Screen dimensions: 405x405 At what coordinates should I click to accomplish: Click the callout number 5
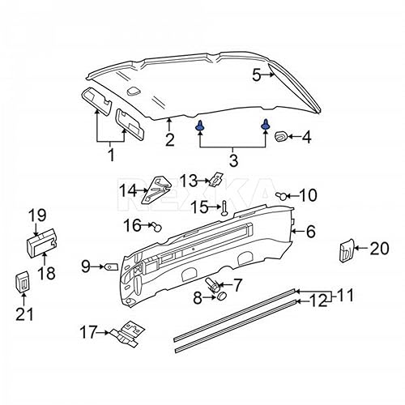tap(256, 75)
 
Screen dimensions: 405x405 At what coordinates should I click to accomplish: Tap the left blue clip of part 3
tap(199, 126)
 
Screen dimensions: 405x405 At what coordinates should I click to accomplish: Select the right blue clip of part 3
tap(266, 125)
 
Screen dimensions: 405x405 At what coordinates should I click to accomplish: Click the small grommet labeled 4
tap(282, 136)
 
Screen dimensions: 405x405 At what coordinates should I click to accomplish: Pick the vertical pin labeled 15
tap(223, 208)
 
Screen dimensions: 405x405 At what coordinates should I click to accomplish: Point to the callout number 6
tap(310, 232)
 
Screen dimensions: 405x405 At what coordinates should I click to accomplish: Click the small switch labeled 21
tap(24, 283)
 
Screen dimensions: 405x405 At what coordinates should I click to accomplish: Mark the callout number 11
tap(345, 296)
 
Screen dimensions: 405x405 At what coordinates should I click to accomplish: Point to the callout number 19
tap(38, 215)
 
